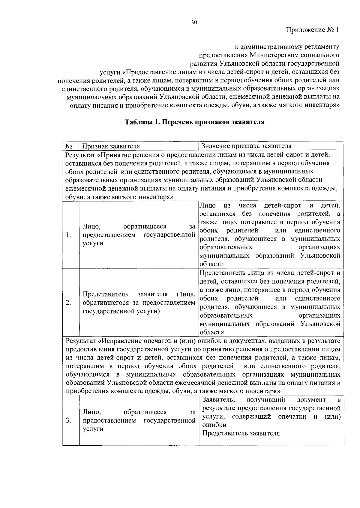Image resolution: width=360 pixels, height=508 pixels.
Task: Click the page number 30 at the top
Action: tap(194, 22)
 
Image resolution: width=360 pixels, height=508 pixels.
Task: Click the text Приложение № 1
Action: tap(312, 30)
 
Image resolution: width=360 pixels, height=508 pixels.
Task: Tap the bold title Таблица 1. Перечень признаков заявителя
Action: tap(194, 122)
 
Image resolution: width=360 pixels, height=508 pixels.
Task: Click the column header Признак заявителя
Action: tap(111, 146)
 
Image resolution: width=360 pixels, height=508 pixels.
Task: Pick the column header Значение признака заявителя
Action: tap(246, 146)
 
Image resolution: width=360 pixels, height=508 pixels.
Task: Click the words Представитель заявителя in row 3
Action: tap(241, 433)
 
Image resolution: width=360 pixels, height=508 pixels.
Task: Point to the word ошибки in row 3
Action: tap(214, 425)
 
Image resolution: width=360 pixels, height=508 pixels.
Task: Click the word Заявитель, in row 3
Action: tap(218, 400)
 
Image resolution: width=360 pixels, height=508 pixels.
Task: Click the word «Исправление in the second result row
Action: tap(120, 341)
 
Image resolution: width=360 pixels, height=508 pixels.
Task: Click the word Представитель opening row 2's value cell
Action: tap(222, 273)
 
